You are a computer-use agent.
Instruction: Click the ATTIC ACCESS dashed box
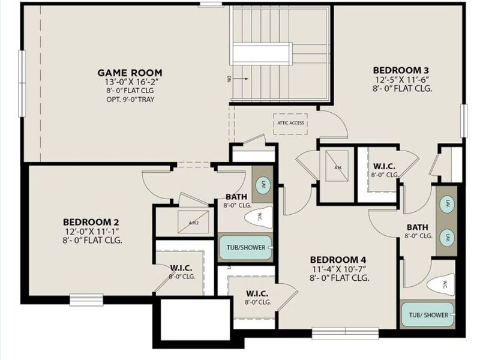pyautogui.click(x=290, y=123)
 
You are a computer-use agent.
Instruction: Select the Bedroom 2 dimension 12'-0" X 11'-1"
pyautogui.click(x=92, y=231)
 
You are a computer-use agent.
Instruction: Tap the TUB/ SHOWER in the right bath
pyautogui.click(x=428, y=314)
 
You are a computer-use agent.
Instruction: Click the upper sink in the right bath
pyautogui.click(x=447, y=205)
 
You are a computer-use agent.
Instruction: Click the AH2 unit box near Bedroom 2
pyautogui.click(x=194, y=221)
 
